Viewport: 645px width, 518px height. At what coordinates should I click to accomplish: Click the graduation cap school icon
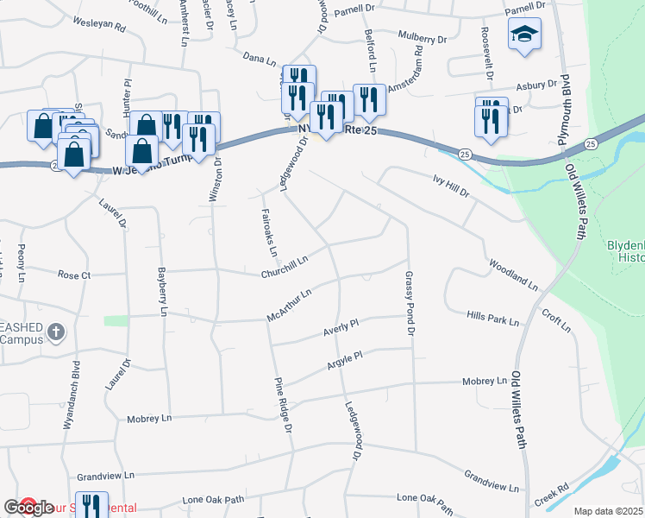coord(524,35)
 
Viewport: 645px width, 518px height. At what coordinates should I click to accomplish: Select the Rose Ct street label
coord(73,275)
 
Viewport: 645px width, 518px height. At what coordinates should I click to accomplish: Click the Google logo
coord(29,508)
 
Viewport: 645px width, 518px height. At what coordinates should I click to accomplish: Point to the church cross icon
coord(55,332)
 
